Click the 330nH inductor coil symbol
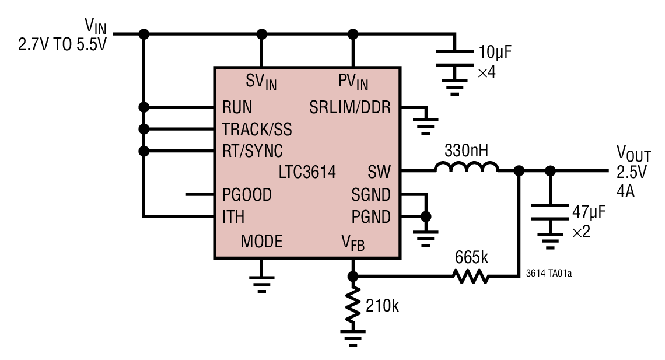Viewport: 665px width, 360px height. pyautogui.click(x=466, y=168)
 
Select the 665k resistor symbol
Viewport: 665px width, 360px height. pyautogui.click(x=470, y=277)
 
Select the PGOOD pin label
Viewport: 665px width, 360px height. pyautogui.click(x=247, y=194)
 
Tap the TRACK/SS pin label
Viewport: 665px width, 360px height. pyautogui.click(x=257, y=129)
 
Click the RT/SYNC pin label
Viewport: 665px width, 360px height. pyautogui.click(x=252, y=151)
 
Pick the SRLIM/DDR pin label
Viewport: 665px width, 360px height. pyautogui.click(x=350, y=107)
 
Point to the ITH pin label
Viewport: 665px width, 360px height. pyautogui.click(x=233, y=216)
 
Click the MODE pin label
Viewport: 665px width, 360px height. pyautogui.click(x=261, y=241)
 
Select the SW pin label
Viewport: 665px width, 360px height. pyautogui.click(x=379, y=172)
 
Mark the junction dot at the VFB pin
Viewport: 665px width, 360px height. pyautogui.click(x=352, y=276)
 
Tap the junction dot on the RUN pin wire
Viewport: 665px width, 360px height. pyautogui.click(x=143, y=107)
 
